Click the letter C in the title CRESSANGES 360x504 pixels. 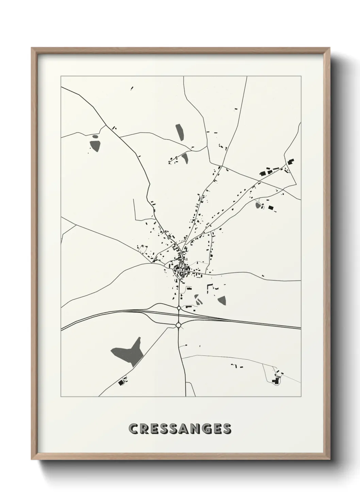[x=134, y=429]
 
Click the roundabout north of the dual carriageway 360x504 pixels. [x=179, y=308]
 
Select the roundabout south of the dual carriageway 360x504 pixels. [x=178, y=326]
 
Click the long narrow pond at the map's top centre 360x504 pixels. [x=179, y=132]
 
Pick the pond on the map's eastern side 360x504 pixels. [x=258, y=205]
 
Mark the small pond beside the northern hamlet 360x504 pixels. [x=185, y=158]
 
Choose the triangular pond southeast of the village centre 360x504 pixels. [x=222, y=300]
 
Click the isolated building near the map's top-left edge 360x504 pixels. [x=132, y=89]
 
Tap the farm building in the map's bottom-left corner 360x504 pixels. [x=120, y=383]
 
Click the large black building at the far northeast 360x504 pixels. [x=291, y=161]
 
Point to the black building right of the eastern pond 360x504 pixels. [x=271, y=207]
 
